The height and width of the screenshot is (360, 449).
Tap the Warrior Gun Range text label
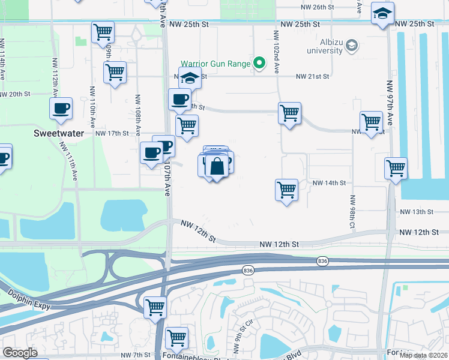pyautogui.click(x=215, y=64)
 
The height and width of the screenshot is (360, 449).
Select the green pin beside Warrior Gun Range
pyautogui.click(x=260, y=63)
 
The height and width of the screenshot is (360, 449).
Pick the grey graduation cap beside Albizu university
pyautogui.click(x=352, y=45)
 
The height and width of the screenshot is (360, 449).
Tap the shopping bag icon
pyautogui.click(x=217, y=166)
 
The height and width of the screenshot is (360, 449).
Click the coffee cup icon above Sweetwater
pyautogui.click(x=61, y=108)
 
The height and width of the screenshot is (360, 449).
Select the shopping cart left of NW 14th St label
pyautogui.click(x=287, y=190)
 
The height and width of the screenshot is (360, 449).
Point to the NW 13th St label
pyautogui.click(x=417, y=212)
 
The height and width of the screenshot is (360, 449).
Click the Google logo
pyautogui.click(x=20, y=353)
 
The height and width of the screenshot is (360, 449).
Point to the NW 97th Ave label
pyautogui.click(x=389, y=98)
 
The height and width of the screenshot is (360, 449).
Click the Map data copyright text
pyautogui.click(x=423, y=355)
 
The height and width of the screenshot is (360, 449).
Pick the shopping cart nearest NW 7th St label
pyautogui.click(x=176, y=338)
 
